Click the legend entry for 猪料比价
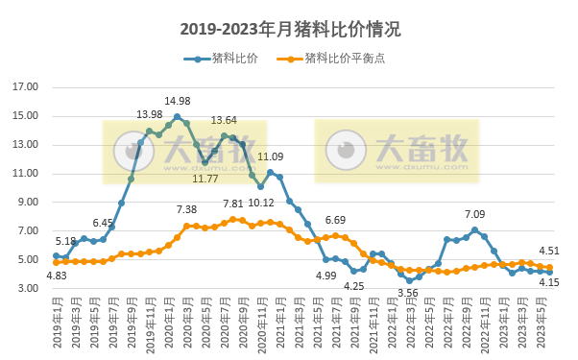(226, 59)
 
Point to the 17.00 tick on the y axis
(25, 87)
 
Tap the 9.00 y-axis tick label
(25, 203)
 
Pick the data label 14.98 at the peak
(177, 102)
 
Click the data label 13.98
(150, 115)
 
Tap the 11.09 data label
(271, 156)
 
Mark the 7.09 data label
(475, 215)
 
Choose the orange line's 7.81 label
(233, 204)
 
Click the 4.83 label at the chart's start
(57, 276)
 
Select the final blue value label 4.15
(549, 283)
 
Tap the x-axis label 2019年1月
(57, 326)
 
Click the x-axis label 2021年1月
(280, 326)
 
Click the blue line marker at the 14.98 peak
(178, 117)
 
